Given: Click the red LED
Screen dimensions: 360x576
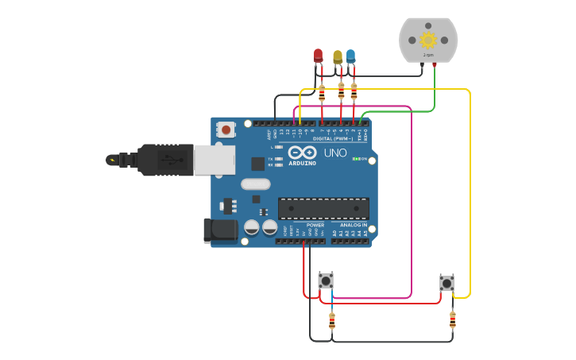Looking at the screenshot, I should tap(319, 56).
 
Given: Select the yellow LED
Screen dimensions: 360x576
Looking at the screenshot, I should tap(338, 56).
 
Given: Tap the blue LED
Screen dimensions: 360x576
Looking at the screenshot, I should tap(350, 56).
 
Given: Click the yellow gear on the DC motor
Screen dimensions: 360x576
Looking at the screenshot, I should tap(428, 40).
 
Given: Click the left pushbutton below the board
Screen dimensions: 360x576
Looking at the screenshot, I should tap(326, 281).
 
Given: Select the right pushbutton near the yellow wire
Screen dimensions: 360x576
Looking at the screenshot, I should tap(446, 282).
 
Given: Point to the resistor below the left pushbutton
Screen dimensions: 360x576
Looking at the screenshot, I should tap(332, 320).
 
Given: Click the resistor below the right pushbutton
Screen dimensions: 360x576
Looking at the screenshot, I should tap(452, 319).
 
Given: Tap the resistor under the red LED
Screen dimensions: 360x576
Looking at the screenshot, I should tap(322, 92).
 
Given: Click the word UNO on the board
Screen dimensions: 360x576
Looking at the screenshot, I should tap(335, 153).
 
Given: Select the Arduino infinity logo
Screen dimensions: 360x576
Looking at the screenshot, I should tap(302, 153).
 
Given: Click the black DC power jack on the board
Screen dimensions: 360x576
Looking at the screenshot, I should tap(219, 230).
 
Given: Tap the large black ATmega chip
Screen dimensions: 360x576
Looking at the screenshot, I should tap(323, 208).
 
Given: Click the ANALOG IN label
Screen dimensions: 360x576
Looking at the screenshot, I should tap(354, 225).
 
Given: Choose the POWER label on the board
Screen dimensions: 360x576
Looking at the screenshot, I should tap(315, 225).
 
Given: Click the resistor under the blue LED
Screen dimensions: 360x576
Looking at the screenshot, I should tap(354, 92).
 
